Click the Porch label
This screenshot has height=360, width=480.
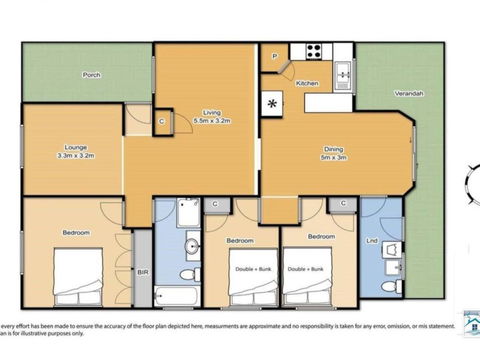coord(91,75)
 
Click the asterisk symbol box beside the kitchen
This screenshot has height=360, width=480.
coord(273,101)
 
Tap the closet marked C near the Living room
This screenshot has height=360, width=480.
coord(161,122)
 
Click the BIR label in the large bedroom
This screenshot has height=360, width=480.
coord(142,272)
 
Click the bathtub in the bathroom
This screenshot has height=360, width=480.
coord(178,295)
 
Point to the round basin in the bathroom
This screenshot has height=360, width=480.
coord(191,244)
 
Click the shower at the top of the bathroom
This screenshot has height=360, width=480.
coord(187,213)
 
